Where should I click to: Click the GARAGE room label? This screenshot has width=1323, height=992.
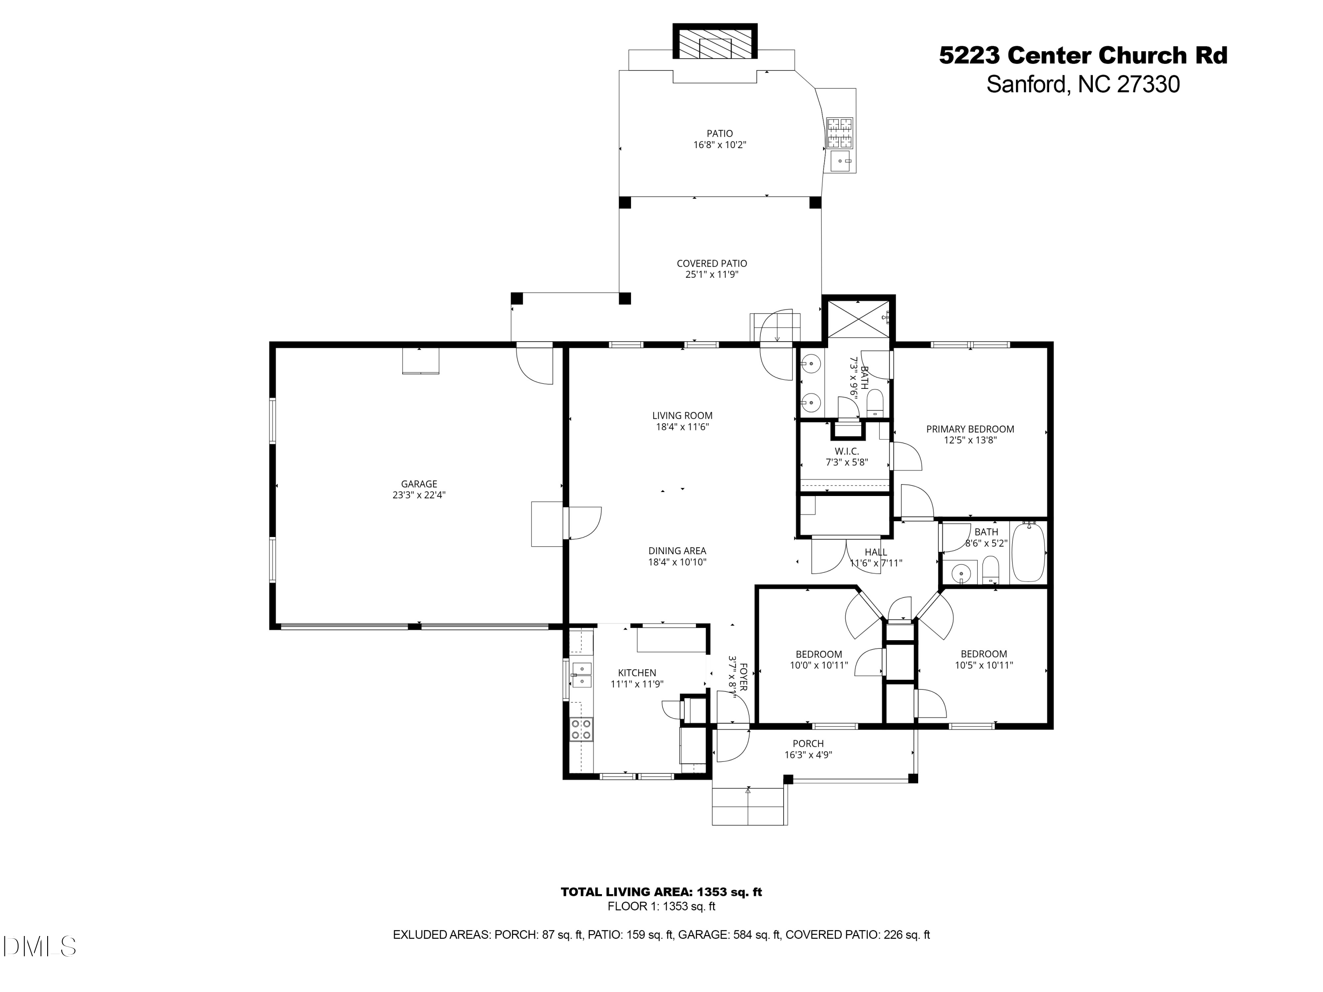(x=419, y=484)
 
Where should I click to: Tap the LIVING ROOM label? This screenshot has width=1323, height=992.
(x=682, y=416)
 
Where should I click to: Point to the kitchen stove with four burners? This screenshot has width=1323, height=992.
(x=581, y=729)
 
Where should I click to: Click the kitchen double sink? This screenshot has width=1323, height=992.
(x=581, y=675)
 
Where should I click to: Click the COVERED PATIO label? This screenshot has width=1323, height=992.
(x=712, y=263)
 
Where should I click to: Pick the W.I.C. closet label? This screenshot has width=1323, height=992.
(x=846, y=451)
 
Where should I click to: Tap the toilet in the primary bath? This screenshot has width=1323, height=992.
(x=875, y=403)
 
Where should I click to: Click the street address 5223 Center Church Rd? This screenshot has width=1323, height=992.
(x=1083, y=56)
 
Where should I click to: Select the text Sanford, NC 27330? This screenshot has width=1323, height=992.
(x=1083, y=84)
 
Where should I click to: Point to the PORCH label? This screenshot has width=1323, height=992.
(x=808, y=744)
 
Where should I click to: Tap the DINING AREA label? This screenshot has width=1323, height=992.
(x=677, y=551)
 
